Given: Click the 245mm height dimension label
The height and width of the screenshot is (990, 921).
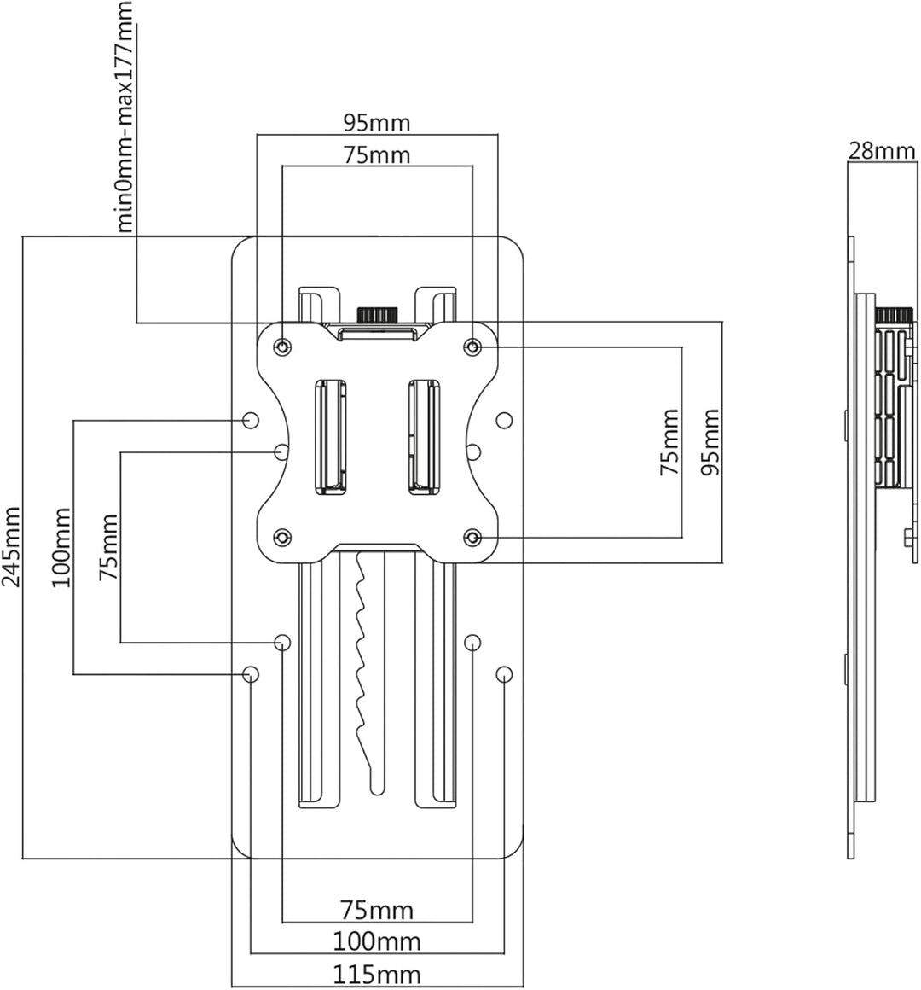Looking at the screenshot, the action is point(12,546).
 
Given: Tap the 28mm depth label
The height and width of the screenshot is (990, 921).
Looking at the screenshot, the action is point(881,151).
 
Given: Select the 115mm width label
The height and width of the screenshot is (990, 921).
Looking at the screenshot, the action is point(376,975).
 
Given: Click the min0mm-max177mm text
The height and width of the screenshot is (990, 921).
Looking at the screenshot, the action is point(125,117).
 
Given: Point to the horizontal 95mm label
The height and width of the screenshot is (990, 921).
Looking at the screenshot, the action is point(377,123).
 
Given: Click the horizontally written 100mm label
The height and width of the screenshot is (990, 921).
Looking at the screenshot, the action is point(377,942).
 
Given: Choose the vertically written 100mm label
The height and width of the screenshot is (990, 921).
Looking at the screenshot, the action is point(61,547).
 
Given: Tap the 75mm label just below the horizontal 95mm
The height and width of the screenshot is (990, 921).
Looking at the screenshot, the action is point(377,154).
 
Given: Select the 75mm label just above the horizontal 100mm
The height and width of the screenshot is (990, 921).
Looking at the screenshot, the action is point(377,911).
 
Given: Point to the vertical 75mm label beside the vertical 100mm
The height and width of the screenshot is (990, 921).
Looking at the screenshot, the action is point(108,547).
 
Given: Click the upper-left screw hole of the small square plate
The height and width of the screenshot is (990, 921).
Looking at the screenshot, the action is point(283,346).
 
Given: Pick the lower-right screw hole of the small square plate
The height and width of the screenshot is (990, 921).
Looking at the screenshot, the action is point(472,538).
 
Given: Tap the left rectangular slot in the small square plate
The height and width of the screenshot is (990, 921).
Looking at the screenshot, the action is point(330,436).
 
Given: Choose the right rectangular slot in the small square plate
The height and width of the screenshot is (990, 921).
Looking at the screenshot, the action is point(426,436).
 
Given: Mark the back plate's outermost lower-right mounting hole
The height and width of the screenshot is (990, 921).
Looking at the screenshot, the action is point(504,673).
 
